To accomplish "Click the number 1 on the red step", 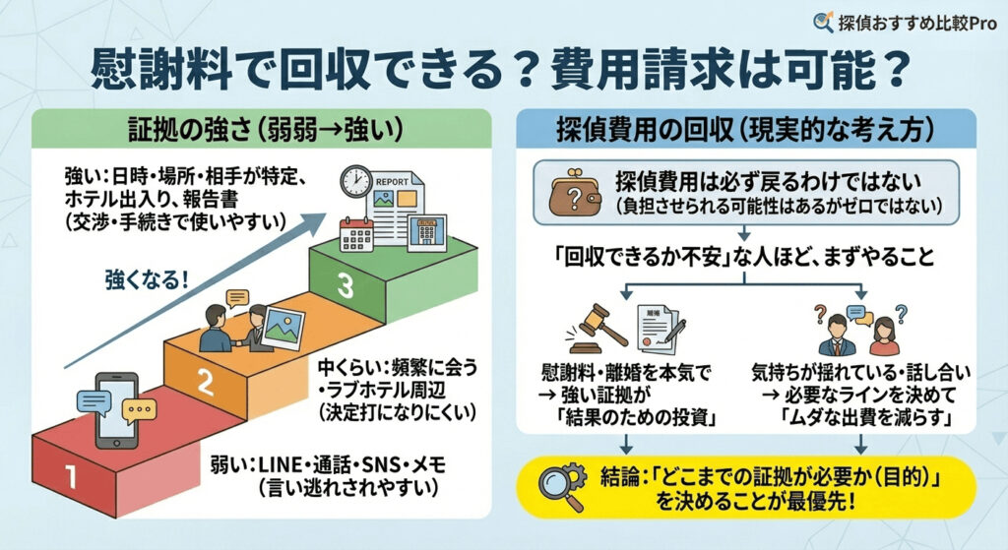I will point(70,476).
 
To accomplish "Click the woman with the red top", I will point(883,334).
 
